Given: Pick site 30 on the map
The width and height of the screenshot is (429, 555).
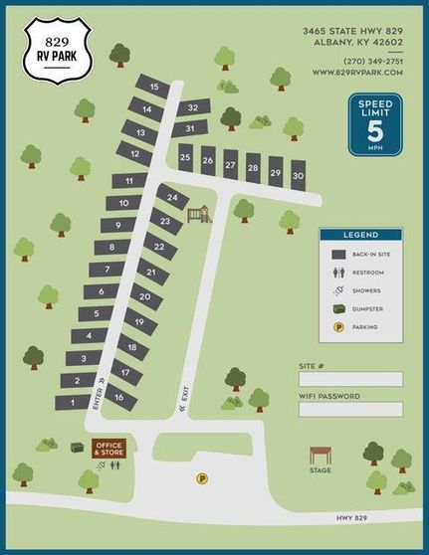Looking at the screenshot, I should [298, 175].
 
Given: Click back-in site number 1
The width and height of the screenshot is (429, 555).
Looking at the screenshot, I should [71, 403].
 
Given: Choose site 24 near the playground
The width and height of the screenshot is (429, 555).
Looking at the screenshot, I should [172, 199].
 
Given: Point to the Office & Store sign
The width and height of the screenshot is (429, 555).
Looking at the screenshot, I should [108, 450].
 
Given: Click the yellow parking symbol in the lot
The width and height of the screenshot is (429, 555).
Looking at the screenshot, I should [202, 478].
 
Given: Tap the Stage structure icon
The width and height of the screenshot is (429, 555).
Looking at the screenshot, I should [321, 458].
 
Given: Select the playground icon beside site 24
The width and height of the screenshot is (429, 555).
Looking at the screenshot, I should [203, 213].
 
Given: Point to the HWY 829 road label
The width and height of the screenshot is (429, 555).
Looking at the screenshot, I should [354, 518].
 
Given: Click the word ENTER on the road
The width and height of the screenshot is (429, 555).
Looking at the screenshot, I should [98, 396].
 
